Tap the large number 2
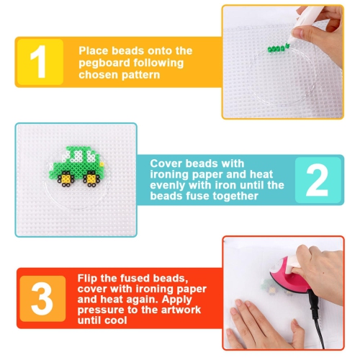[317, 179]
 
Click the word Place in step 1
[94, 50]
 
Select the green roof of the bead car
[79, 153]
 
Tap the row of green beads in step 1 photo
[276, 48]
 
